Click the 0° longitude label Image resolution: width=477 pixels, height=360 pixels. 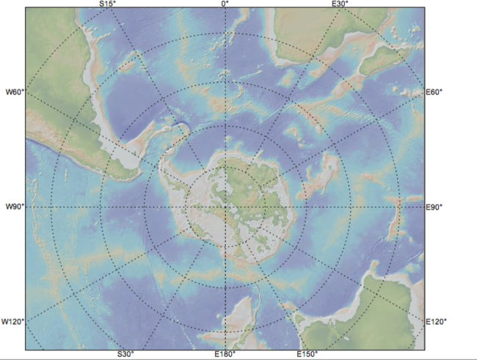(x=225, y=4)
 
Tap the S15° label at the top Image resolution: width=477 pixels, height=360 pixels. (x=107, y=4)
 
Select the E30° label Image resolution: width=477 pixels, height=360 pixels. (x=339, y=4)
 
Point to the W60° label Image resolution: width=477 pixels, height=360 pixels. (x=15, y=92)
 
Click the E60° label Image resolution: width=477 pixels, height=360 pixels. (x=435, y=92)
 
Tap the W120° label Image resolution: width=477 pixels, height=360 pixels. (x=12, y=321)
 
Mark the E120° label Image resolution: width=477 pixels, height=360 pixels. (x=437, y=321)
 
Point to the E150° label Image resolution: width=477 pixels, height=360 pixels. (x=307, y=354)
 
